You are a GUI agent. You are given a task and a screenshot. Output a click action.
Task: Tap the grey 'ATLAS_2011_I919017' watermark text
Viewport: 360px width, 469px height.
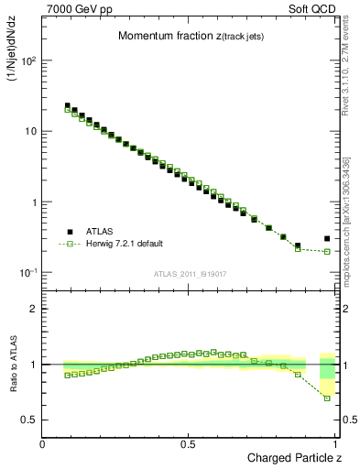tap(191, 273)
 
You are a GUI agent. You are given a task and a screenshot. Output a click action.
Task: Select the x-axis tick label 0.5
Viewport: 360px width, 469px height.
tap(188, 444)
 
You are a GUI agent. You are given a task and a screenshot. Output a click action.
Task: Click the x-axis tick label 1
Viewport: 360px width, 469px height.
tap(336, 444)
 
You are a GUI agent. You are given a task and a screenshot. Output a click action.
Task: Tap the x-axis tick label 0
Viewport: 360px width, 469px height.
tap(42, 444)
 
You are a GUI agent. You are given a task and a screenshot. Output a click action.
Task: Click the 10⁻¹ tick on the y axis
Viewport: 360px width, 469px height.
tap(27, 273)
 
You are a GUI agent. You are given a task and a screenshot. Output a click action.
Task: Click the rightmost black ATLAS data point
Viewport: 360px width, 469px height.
tap(327, 239)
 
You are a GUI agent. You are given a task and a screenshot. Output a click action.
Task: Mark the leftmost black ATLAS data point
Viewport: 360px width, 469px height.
tap(68, 106)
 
